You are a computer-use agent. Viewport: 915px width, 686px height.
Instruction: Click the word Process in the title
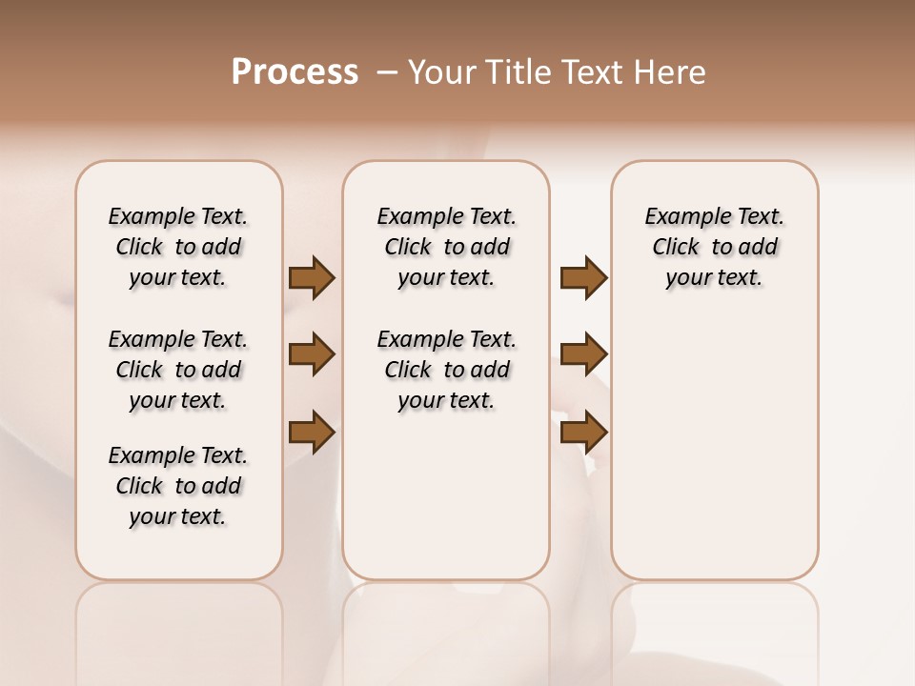pyautogui.click(x=295, y=72)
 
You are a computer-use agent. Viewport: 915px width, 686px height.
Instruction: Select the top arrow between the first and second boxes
pyautogui.click(x=312, y=278)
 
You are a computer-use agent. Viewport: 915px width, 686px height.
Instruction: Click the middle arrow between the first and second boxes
pyautogui.click(x=312, y=354)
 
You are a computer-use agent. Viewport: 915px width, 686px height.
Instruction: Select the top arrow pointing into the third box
pyautogui.click(x=583, y=278)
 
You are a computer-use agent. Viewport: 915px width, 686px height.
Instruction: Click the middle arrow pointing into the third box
pyautogui.click(x=583, y=354)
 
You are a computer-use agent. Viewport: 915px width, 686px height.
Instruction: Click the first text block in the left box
pyautogui.click(x=178, y=247)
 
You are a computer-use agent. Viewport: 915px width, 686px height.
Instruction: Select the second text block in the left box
pyautogui.click(x=178, y=370)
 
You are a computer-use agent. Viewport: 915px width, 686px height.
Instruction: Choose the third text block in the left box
pyautogui.click(x=178, y=486)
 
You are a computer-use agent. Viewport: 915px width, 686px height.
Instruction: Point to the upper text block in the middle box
pyautogui.click(x=446, y=247)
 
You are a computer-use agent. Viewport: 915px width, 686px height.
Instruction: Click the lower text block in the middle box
pyautogui.click(x=446, y=370)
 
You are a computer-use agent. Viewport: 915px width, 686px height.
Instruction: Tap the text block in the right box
pyautogui.click(x=714, y=247)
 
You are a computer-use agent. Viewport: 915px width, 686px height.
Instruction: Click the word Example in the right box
pyautogui.click(x=680, y=217)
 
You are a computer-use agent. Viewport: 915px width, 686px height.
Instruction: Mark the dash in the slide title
pyautogui.click(x=386, y=72)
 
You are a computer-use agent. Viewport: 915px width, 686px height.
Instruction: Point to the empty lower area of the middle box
pyautogui.click(x=446, y=495)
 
